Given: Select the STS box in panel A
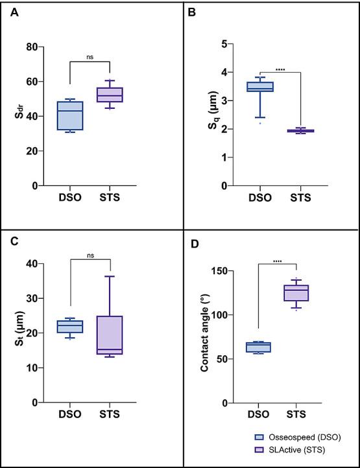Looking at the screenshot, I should [110, 95].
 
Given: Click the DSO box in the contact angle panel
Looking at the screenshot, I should [258, 347].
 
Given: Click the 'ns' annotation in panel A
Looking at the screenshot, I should [90, 57].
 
